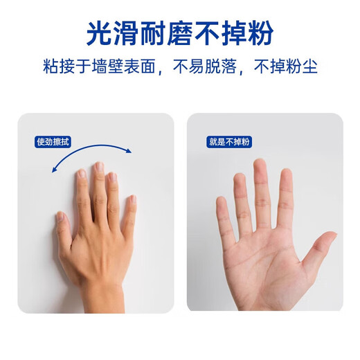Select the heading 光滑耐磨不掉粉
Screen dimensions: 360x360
[179, 33]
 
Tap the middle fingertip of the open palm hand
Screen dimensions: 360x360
[260, 166]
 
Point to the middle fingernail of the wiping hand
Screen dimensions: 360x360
[99, 168]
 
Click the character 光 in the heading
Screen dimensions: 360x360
[99, 33]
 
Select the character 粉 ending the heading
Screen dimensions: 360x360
[260, 33]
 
